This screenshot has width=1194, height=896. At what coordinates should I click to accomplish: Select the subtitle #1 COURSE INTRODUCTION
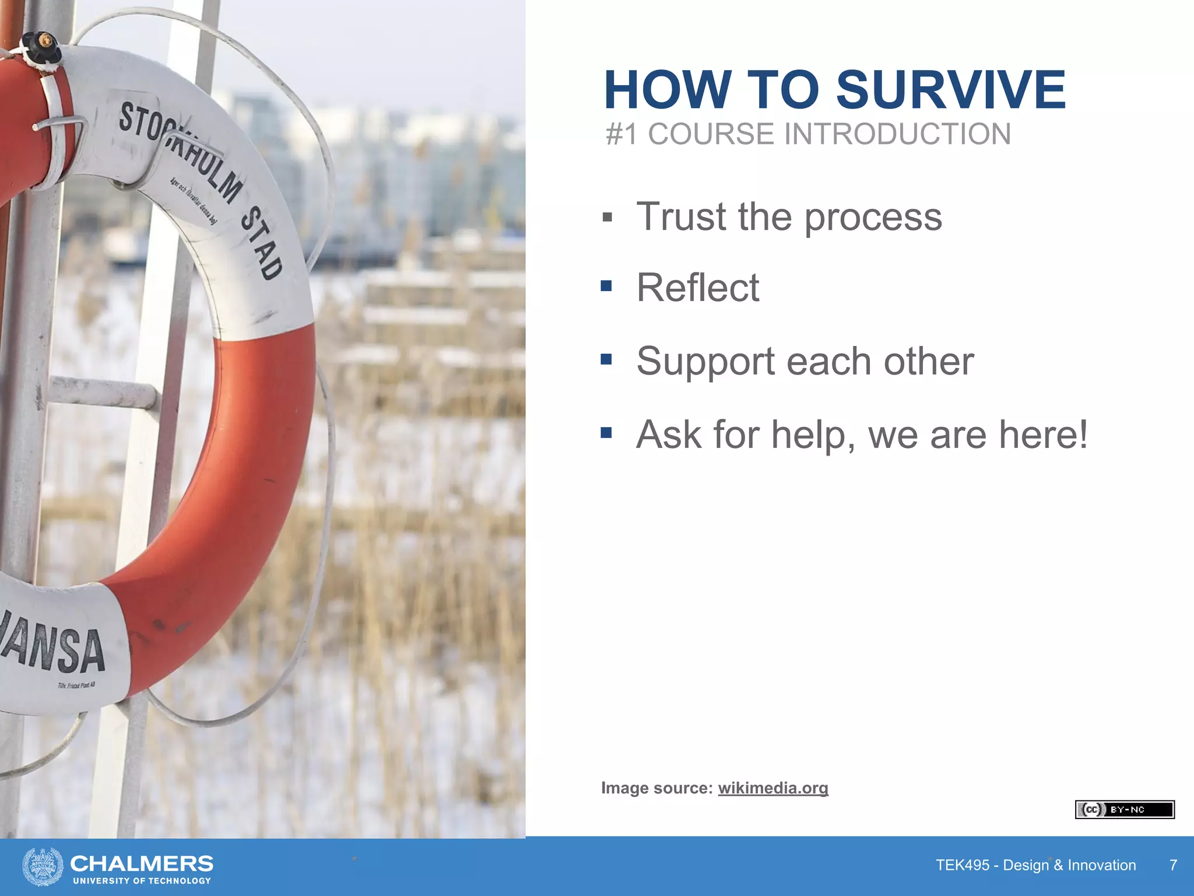click(x=808, y=134)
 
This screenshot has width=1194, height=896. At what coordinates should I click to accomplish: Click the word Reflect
click(x=698, y=288)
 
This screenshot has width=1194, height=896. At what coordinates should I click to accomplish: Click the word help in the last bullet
click(x=813, y=435)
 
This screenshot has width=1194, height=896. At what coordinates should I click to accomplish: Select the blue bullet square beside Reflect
click(x=606, y=286)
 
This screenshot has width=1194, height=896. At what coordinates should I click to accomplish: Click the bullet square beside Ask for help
click(x=606, y=433)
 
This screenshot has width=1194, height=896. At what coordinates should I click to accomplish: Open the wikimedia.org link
click(x=772, y=788)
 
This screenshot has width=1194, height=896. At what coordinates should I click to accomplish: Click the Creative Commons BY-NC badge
click(x=1124, y=810)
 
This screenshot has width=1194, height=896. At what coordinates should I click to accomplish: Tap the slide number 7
click(x=1173, y=865)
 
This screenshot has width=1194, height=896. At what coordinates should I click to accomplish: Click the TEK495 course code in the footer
click(x=963, y=865)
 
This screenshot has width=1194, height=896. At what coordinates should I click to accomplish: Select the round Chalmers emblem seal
click(x=43, y=866)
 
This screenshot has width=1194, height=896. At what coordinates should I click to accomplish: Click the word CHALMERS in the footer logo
click(x=142, y=863)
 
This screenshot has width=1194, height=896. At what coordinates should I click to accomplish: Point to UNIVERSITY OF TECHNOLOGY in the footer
click(x=142, y=881)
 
